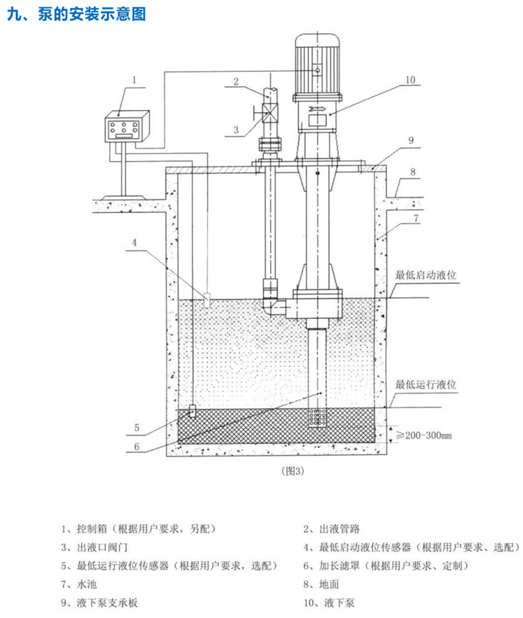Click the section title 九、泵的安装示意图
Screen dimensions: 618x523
(76, 14)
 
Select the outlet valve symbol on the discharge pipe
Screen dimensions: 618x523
(270, 112)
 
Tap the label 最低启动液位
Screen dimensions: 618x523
(427, 275)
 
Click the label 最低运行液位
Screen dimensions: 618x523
(427, 385)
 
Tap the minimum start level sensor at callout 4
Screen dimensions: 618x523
(207, 300)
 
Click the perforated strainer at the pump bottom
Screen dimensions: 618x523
(317, 418)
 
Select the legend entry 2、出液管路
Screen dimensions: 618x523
(332, 528)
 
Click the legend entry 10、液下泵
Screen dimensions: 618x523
(329, 603)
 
